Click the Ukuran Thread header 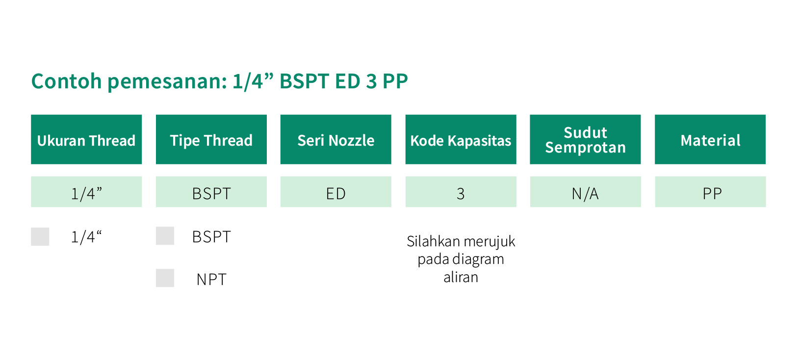point(86,139)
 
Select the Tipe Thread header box point(211,139)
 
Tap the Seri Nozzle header point(336,139)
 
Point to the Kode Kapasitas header point(461,139)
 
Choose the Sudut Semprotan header point(585,139)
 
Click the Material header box point(710,139)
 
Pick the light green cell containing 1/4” point(86,192)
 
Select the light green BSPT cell point(211,192)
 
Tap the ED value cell point(336,192)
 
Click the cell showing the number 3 point(461,192)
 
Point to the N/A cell point(585,192)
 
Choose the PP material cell point(710,192)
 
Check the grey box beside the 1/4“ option point(40,236)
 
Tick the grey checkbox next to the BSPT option point(165,236)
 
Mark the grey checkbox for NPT point(165,278)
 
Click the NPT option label point(211,280)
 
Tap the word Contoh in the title point(67,81)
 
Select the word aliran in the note point(461,277)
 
